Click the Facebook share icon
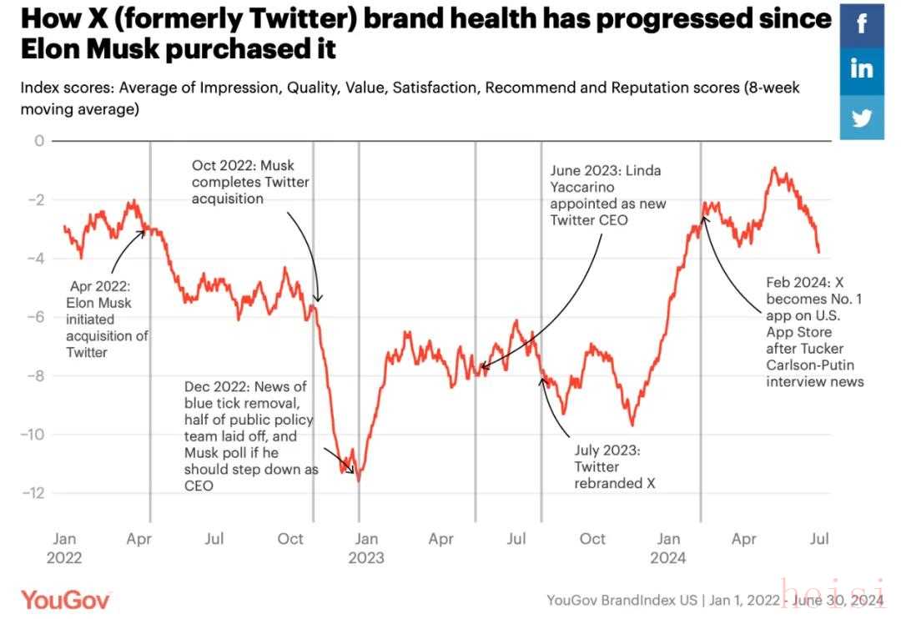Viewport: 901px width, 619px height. [862, 24]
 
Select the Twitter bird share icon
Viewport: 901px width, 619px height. [862, 117]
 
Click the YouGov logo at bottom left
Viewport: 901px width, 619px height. [65, 598]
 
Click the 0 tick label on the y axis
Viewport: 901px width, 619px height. [38, 140]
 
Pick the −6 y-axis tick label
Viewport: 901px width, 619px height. [33, 317]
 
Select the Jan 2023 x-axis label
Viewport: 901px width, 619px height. [365, 548]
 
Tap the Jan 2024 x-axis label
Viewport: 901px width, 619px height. [668, 548]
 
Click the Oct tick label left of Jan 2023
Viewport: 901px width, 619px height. [290, 539]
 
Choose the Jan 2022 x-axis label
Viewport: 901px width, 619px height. [64, 548]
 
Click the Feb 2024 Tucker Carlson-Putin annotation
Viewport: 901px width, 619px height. [815, 331]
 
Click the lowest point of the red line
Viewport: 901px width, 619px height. [359, 481]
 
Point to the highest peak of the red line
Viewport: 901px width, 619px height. [774, 168]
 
